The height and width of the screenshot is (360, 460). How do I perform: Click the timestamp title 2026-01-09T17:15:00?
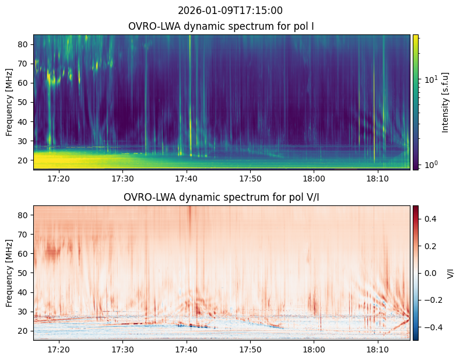230,11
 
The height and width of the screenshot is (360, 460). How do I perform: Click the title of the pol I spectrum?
221,26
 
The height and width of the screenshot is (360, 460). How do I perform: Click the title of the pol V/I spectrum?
221,197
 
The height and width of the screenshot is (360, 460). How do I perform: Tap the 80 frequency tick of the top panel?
23,44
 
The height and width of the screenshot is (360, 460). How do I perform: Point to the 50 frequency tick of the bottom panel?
23,273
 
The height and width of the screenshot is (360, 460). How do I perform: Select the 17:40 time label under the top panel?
187,179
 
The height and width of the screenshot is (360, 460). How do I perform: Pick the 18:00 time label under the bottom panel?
314,349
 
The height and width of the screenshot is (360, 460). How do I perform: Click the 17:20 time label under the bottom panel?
59,349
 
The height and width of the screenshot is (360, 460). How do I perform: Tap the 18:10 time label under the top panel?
378,179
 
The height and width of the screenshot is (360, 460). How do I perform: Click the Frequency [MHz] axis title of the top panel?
9,102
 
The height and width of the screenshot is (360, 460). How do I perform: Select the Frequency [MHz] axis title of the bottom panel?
9,273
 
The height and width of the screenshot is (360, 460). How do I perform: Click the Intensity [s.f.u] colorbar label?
445,103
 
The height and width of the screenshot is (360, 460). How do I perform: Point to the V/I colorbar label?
450,274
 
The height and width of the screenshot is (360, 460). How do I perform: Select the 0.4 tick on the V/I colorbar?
430,219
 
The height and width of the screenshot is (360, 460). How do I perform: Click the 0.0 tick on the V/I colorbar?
430,273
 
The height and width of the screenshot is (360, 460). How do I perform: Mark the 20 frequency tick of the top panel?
23,160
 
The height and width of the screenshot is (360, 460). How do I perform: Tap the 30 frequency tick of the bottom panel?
23,312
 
